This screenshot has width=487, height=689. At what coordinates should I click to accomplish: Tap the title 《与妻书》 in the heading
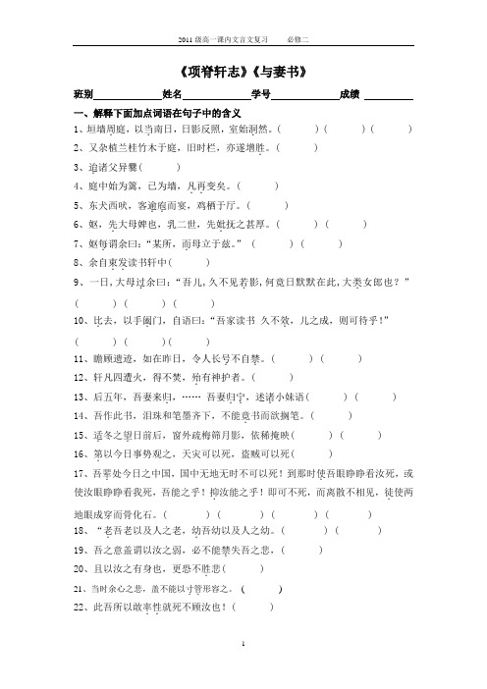coord(278,73)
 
